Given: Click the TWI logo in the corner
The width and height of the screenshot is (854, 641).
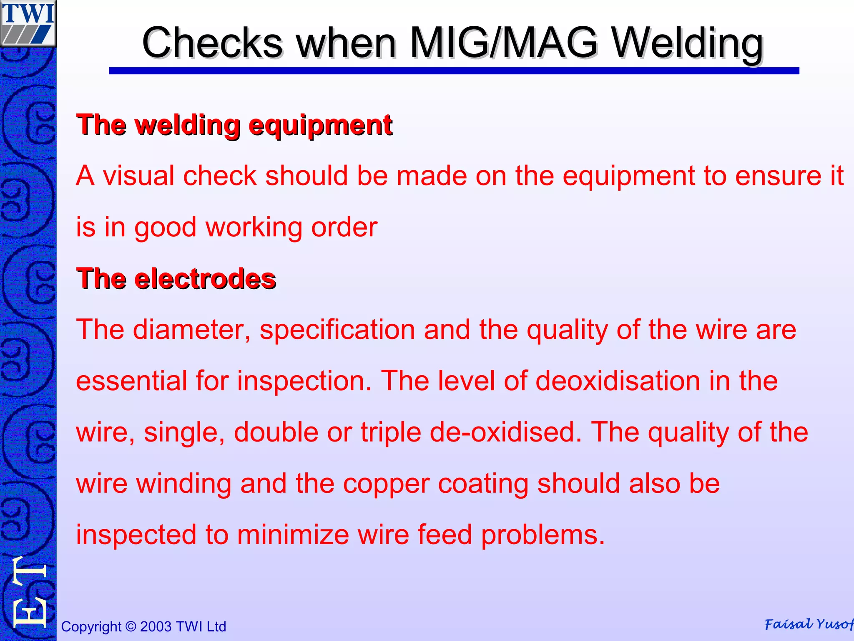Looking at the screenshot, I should click(28, 23).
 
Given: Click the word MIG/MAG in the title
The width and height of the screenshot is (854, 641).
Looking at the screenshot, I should click(504, 43).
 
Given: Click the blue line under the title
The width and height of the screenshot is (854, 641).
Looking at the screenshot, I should click(454, 71).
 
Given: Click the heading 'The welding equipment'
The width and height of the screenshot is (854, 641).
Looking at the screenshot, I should click(234, 125).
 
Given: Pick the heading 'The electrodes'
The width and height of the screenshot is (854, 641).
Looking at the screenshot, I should click(176, 278).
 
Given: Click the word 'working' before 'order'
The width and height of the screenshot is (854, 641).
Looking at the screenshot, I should click(254, 227).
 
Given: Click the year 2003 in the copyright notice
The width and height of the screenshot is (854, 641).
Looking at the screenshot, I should click(156, 627).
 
